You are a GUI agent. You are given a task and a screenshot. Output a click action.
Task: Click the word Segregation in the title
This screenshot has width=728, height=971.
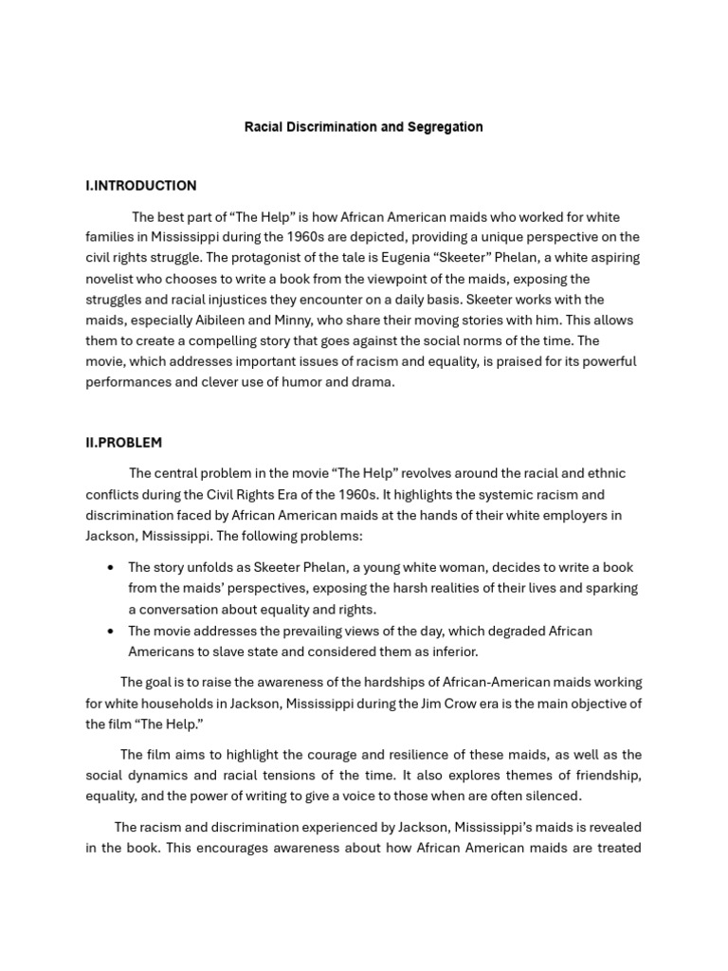445,127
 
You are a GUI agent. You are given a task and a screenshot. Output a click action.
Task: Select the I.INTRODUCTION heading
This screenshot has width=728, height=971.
140,186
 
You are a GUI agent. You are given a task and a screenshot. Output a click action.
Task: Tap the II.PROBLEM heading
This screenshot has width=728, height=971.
123,443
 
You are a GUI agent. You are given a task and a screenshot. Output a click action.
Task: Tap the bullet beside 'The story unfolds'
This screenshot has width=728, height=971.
112,568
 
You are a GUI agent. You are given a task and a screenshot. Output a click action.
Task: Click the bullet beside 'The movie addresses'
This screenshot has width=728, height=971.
112,632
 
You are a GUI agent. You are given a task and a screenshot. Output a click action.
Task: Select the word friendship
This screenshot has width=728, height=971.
608,776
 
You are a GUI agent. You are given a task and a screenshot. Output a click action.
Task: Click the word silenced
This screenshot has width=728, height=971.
552,797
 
